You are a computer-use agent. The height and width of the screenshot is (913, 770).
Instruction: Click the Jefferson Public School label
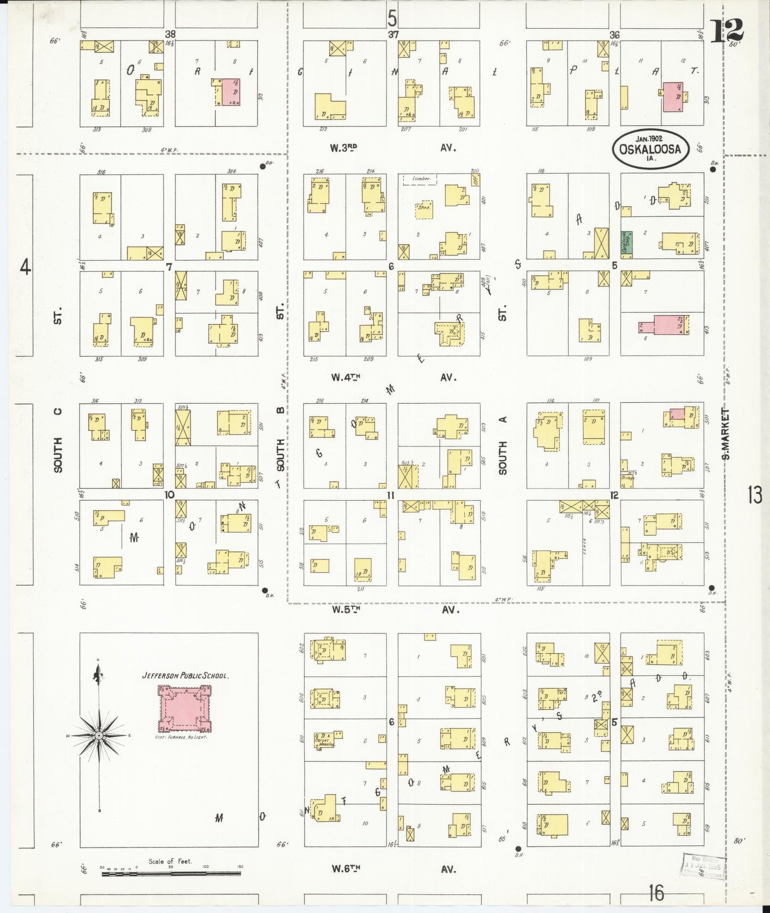click(x=185, y=675)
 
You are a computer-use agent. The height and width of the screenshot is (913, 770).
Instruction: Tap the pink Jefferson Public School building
click(x=184, y=708)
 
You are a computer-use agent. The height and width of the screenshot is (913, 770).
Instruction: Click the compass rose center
click(x=99, y=736)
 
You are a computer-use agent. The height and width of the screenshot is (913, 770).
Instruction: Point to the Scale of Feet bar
click(x=171, y=874)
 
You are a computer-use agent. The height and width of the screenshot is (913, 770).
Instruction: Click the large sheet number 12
click(x=727, y=31)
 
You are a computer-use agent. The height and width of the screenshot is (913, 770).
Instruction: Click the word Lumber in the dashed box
click(x=420, y=178)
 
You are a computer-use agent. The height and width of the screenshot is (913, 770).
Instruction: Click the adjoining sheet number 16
click(x=656, y=893)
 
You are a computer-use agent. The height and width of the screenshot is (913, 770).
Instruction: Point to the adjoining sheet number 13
click(x=755, y=495)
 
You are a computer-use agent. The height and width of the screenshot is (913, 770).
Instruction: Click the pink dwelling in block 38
click(x=231, y=92)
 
